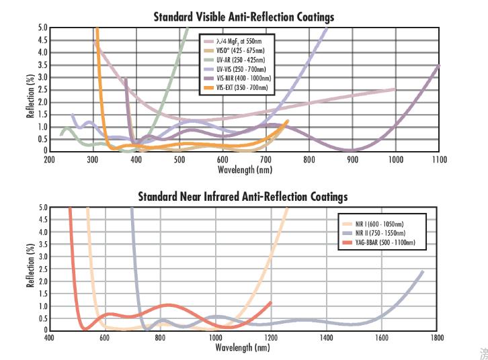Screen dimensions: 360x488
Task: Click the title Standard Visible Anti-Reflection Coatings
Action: (243, 16)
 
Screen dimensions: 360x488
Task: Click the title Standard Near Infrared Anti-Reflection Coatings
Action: (243, 197)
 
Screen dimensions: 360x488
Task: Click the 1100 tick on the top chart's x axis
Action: (439, 160)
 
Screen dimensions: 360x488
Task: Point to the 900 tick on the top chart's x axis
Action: (352, 160)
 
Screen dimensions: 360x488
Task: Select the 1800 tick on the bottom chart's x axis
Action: (438, 339)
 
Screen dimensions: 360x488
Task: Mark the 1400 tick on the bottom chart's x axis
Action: (326, 339)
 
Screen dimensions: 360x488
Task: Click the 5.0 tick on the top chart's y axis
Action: (42, 28)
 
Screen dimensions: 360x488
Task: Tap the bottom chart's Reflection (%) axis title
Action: (31, 269)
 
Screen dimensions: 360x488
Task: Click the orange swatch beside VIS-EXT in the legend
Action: (209, 88)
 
